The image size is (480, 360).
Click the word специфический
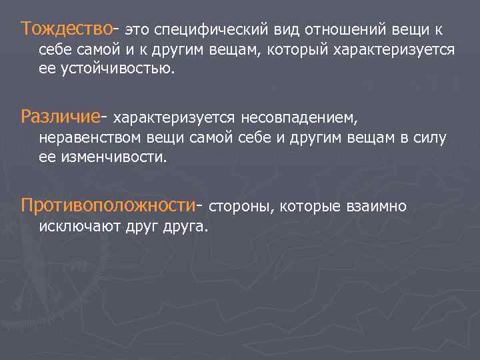click(x=213, y=30)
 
